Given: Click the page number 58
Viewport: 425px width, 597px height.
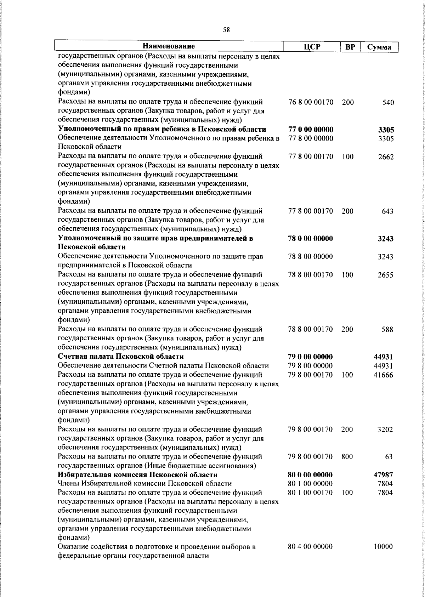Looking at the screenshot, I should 226,30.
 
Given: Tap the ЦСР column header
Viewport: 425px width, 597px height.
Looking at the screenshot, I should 310,47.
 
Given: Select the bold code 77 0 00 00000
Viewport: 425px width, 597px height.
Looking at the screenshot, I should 311,130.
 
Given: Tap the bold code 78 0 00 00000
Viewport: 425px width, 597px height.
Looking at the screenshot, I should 311,239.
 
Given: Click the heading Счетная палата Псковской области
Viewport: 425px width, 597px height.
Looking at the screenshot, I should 121,357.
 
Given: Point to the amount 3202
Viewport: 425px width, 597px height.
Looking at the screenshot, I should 385,430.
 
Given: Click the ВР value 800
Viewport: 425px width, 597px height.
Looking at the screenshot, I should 347,457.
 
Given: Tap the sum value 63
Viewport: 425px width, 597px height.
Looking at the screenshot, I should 389,457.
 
